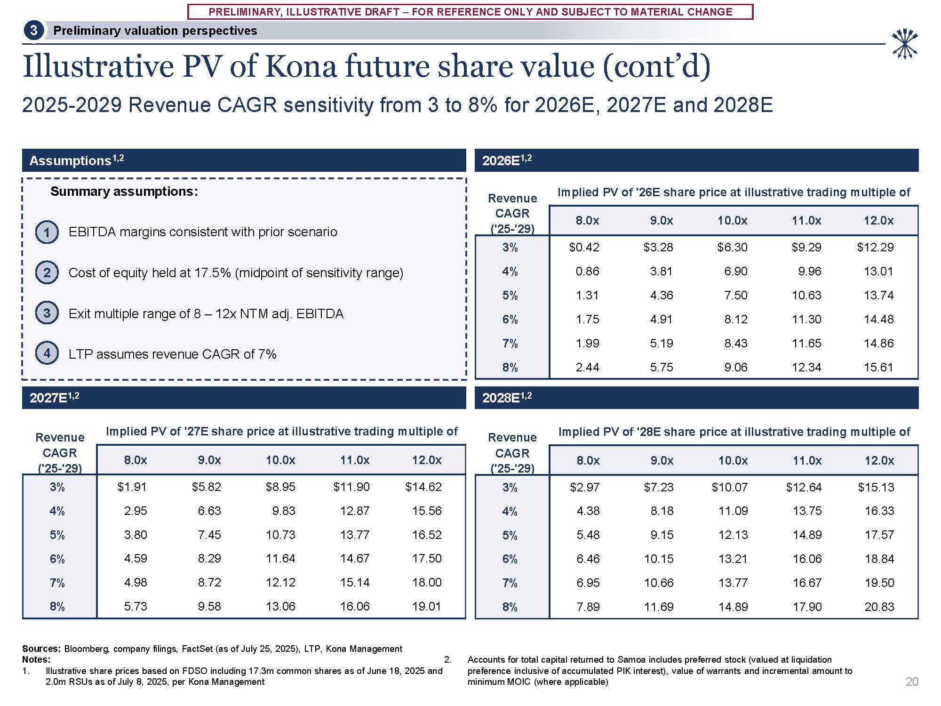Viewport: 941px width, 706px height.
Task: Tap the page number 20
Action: [x=912, y=682]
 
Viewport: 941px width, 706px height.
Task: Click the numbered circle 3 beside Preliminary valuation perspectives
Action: [x=33, y=31]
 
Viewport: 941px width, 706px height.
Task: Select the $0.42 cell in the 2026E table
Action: [x=584, y=247]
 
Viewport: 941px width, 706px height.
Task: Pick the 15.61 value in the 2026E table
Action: [x=878, y=367]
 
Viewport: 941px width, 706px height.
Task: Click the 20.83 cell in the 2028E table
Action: [x=879, y=607]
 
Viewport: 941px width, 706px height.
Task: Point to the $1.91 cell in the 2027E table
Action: [x=132, y=487]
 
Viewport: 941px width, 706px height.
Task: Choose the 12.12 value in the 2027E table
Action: [x=280, y=582]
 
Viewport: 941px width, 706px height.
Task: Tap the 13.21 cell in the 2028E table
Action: [x=733, y=559]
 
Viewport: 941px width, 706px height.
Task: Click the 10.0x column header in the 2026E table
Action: [x=733, y=220]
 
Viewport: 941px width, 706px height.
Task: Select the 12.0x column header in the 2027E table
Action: [x=427, y=460]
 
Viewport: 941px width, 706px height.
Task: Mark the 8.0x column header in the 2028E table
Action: [x=588, y=460]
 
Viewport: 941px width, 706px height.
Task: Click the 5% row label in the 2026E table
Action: [x=510, y=295]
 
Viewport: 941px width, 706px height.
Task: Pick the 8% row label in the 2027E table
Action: [x=57, y=606]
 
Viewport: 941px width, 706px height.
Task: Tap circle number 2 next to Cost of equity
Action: [x=47, y=273]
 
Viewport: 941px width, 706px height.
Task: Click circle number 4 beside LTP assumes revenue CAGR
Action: [x=47, y=353]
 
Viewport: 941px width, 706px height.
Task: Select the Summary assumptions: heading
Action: [x=124, y=192]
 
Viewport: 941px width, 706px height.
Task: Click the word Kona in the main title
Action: [x=301, y=66]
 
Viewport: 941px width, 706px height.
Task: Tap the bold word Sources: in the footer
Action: [x=41, y=649]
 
